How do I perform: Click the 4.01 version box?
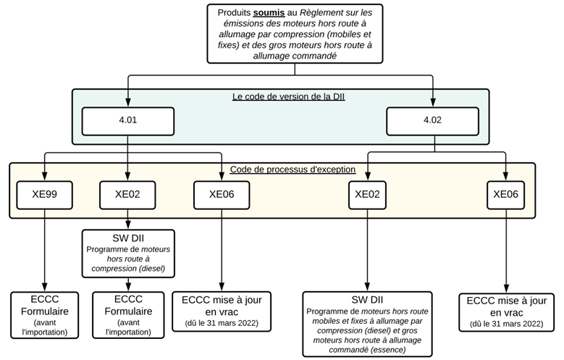point(128,121)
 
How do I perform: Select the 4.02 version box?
point(432,121)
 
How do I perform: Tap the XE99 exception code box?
point(45,195)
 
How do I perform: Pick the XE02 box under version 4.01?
point(127,195)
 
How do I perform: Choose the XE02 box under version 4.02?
point(367,195)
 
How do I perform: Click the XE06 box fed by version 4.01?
point(222,195)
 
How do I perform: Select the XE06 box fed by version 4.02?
point(506,195)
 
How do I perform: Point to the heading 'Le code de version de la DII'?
point(288,96)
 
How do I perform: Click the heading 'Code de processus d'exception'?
point(292,169)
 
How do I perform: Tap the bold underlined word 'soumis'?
point(269,12)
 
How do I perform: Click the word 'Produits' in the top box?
point(234,12)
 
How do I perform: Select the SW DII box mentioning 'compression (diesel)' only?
point(128,254)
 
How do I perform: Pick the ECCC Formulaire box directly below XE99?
point(45,315)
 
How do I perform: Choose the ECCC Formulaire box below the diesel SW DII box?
point(128,315)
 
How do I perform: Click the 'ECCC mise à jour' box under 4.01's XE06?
point(222,311)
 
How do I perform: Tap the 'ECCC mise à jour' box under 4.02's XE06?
point(507,312)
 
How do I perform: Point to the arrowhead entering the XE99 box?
point(45,176)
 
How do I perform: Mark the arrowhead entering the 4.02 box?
point(432,102)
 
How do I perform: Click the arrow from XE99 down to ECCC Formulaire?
point(45,251)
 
